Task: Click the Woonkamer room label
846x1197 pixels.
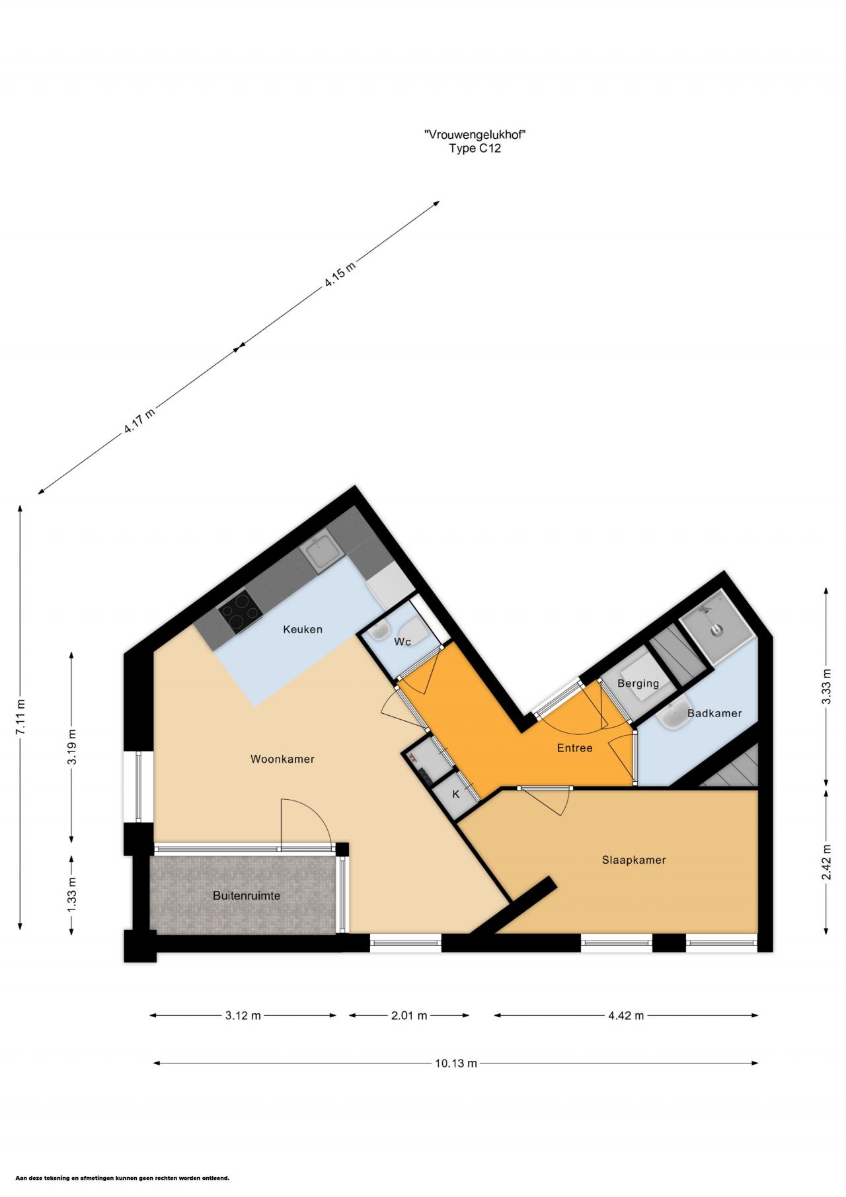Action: [282, 759]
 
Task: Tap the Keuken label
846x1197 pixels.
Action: [303, 629]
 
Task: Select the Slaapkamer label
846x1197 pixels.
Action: [634, 860]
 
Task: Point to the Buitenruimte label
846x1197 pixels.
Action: [247, 896]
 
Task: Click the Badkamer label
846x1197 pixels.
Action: [714, 713]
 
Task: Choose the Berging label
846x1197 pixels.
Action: [638, 683]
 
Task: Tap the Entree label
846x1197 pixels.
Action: [574, 748]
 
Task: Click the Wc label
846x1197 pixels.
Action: [403, 642]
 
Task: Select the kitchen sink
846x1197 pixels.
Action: [323, 553]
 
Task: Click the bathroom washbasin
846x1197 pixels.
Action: [673, 713]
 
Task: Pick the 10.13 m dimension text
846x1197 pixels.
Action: [455, 1063]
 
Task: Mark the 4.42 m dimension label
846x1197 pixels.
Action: [626, 1015]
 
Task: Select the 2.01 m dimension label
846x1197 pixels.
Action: [409, 1015]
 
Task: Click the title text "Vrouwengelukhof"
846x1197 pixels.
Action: [475, 135]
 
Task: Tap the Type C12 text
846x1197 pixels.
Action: [475, 149]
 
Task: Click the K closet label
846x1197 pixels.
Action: [455, 794]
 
